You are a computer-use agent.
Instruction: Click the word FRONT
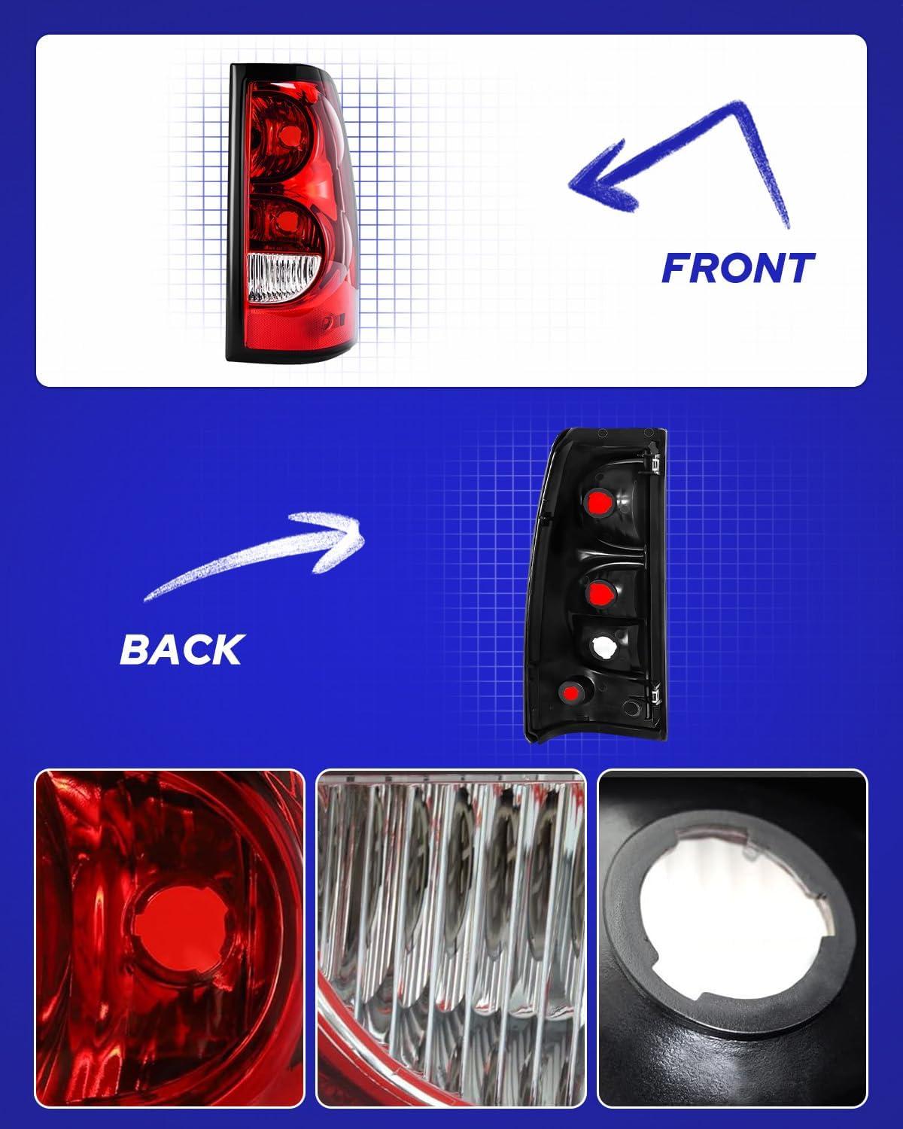coord(737,268)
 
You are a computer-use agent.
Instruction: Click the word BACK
coord(182,650)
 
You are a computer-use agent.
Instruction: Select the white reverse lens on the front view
coord(282,278)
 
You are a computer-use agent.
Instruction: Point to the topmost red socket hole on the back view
coord(598,503)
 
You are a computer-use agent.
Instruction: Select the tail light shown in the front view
coord(292,212)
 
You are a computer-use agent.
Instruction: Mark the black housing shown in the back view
coord(596,585)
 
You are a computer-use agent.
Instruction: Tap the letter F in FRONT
coord(676,268)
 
